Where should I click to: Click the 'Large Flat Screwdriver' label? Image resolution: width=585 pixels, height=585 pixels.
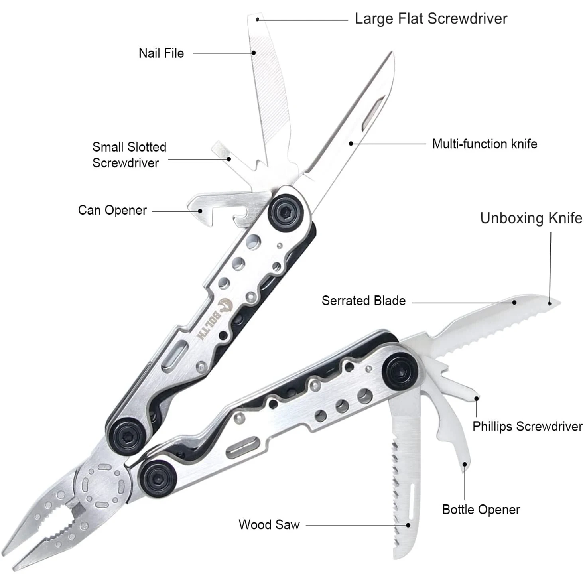(x=431, y=19)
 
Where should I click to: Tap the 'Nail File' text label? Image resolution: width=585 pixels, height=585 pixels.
(x=161, y=53)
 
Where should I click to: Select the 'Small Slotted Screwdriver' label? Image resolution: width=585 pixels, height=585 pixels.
(x=129, y=155)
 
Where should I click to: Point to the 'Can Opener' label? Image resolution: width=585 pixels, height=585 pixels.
(x=112, y=210)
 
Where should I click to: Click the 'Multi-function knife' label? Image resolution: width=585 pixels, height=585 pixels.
(x=485, y=144)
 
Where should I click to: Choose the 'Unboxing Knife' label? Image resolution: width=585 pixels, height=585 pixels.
(x=531, y=218)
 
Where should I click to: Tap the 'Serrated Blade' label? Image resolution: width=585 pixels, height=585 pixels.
(x=363, y=301)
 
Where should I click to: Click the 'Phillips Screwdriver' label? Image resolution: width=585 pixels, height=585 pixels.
(x=527, y=426)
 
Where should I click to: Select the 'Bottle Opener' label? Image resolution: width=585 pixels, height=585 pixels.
(x=481, y=510)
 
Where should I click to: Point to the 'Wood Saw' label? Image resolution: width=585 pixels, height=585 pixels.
(x=269, y=524)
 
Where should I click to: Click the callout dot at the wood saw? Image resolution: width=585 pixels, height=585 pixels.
(x=408, y=525)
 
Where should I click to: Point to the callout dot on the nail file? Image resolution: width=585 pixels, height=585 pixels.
(x=253, y=53)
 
